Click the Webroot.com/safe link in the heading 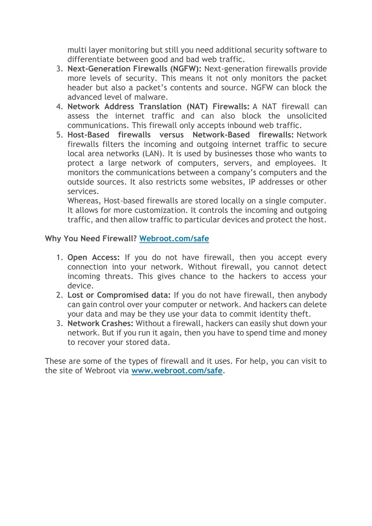pyautogui.click(x=174, y=239)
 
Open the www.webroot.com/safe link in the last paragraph pyautogui.click(x=177, y=371)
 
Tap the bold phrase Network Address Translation pyautogui.click(x=124, y=107)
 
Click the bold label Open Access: pyautogui.click(x=93, y=258)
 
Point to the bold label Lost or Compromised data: pyautogui.click(x=119, y=296)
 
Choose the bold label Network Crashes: pyautogui.click(x=100, y=324)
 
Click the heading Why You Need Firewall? pyautogui.click(x=91, y=239)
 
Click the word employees pyautogui.click(x=294, y=163)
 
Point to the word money pyautogui.click(x=315, y=333)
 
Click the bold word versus pyautogui.click(x=171, y=135)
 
